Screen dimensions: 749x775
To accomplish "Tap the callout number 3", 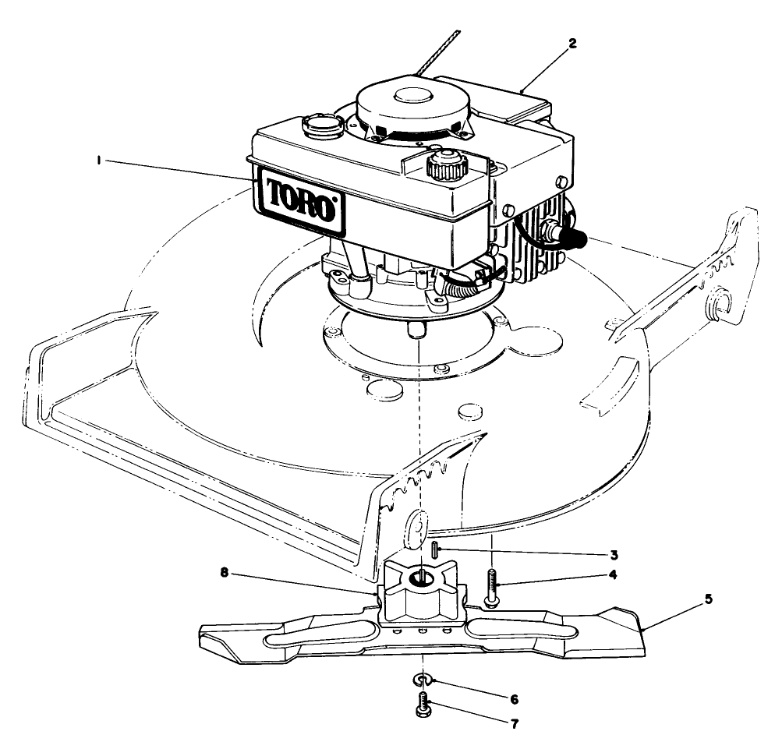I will click(614, 555).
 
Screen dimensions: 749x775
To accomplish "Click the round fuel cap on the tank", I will click(320, 124).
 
